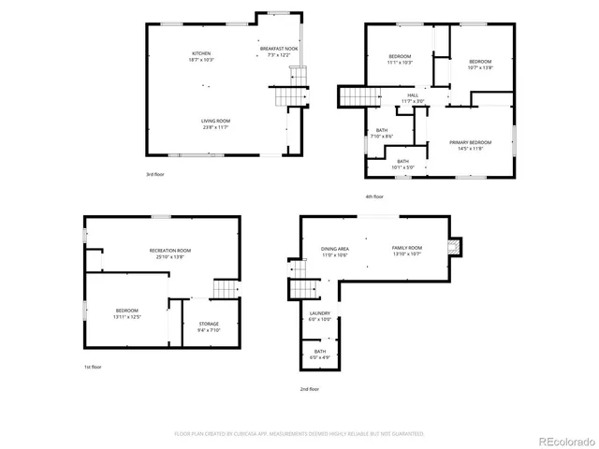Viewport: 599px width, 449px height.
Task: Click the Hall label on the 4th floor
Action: click(413, 98)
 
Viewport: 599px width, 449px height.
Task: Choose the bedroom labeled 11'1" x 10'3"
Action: click(401, 61)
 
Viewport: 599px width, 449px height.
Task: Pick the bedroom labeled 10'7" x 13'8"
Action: click(480, 64)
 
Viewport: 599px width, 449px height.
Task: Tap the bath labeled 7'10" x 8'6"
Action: click(382, 134)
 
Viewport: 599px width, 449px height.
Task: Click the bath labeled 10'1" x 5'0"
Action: click(402, 165)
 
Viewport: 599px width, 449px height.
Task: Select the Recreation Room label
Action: click(170, 253)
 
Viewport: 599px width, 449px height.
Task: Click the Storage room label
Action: click(209, 326)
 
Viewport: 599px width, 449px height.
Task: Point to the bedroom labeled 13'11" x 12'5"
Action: click(127, 313)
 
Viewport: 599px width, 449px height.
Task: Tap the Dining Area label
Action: click(335, 251)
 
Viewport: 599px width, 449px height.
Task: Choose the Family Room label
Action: click(406, 250)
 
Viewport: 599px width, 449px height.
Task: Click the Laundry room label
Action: click(320, 316)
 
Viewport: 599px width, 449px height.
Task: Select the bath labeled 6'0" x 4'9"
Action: click(320, 355)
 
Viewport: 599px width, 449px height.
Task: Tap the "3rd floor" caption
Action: click(155, 174)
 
